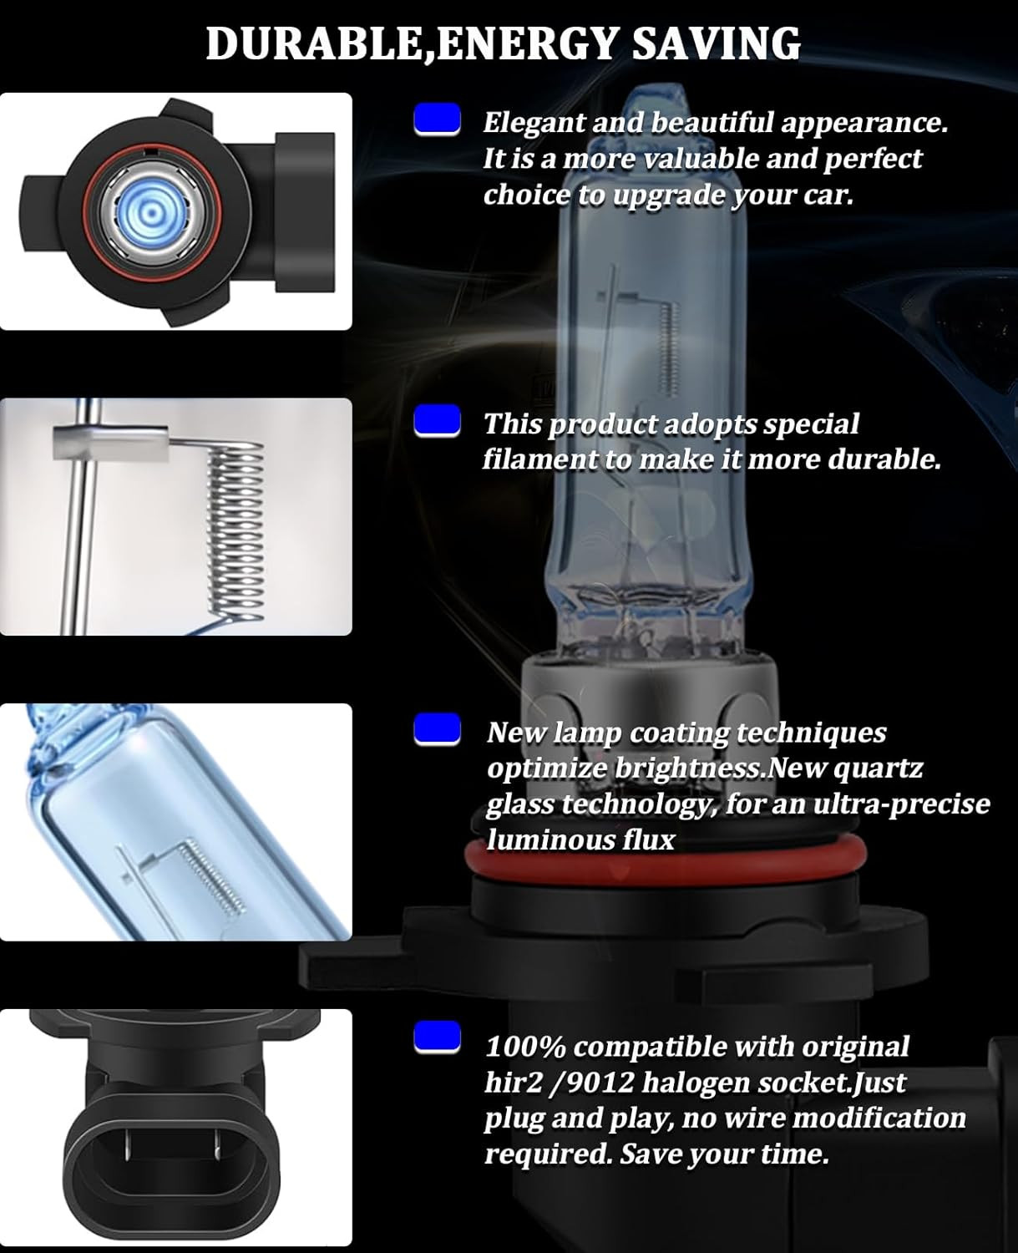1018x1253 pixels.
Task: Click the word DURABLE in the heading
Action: click(x=314, y=43)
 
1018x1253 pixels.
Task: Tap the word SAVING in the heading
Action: click(x=716, y=43)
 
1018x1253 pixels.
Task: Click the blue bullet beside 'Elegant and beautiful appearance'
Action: click(x=437, y=119)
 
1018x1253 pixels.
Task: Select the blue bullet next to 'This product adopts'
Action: click(x=437, y=421)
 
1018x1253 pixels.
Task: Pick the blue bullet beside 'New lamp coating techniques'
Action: click(x=437, y=729)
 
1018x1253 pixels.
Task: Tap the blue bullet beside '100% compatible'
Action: click(x=437, y=1038)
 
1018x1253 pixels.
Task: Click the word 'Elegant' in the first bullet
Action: click(x=534, y=123)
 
